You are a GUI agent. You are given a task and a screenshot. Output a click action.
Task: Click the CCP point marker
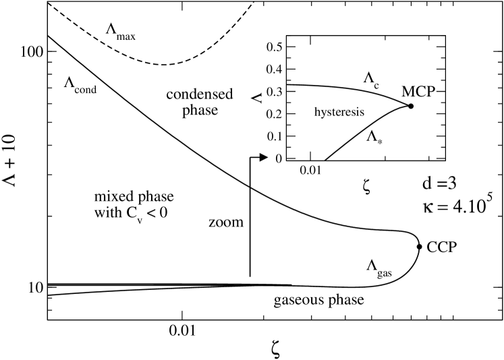click(419, 247)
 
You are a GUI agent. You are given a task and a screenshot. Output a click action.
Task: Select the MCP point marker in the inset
click(410, 106)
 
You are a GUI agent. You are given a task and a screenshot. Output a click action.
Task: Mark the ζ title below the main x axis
click(273, 347)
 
